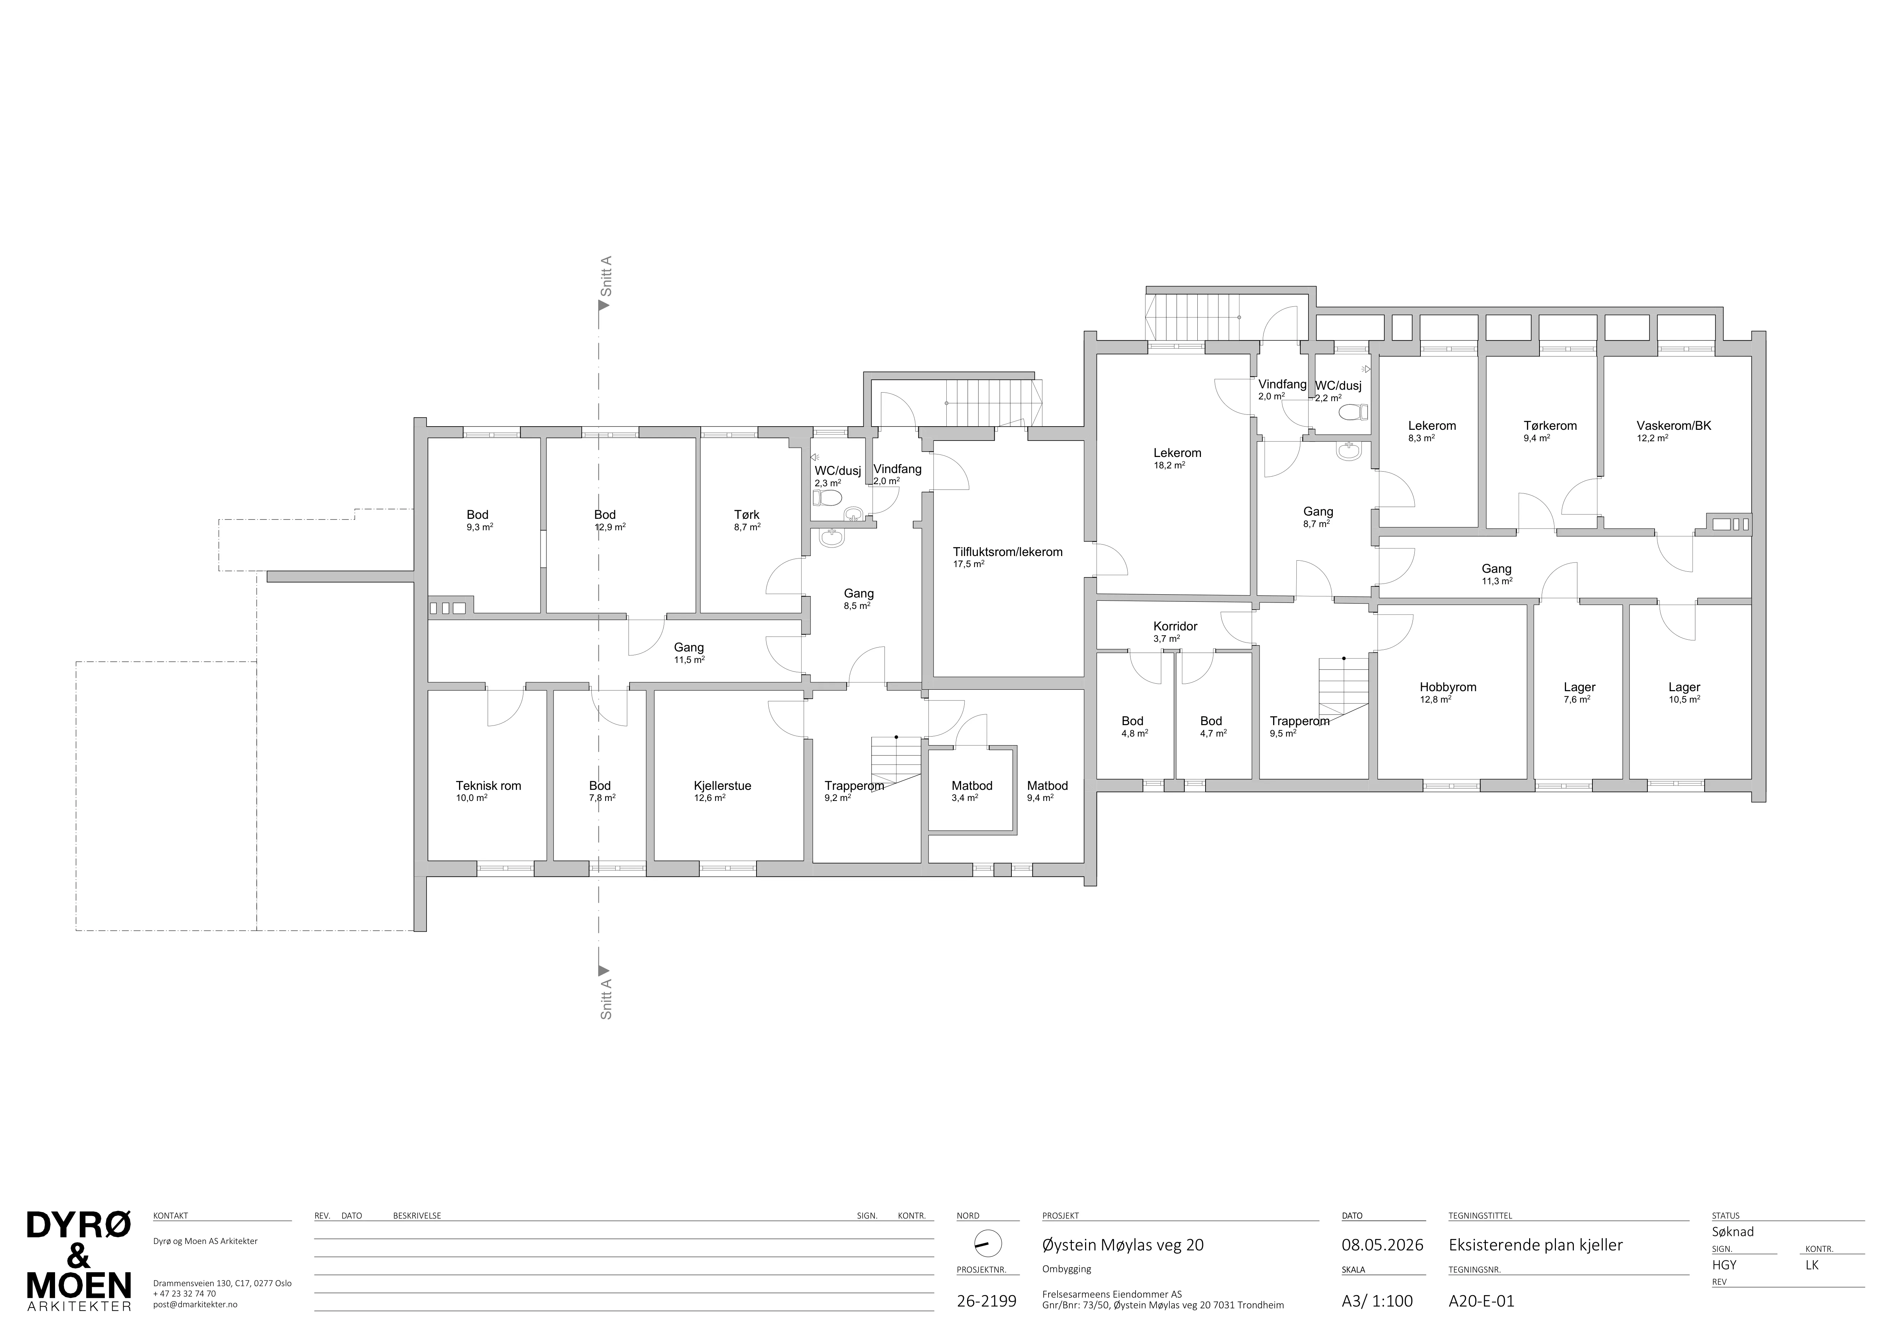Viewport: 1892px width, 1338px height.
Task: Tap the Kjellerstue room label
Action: click(723, 786)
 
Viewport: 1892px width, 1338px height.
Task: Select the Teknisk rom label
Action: click(489, 786)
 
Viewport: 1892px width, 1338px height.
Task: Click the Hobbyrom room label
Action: click(1448, 687)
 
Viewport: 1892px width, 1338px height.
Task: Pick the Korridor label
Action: click(1175, 626)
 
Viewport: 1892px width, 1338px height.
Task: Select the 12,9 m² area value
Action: click(610, 527)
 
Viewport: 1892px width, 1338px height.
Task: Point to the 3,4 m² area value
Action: click(965, 797)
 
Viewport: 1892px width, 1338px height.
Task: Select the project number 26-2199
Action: click(986, 1302)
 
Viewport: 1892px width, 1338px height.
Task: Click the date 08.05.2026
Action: click(1383, 1245)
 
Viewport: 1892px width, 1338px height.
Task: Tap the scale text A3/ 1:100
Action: click(1377, 1302)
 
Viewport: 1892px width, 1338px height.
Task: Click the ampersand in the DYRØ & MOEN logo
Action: click(79, 1256)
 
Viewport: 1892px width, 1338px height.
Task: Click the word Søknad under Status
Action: click(1733, 1232)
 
